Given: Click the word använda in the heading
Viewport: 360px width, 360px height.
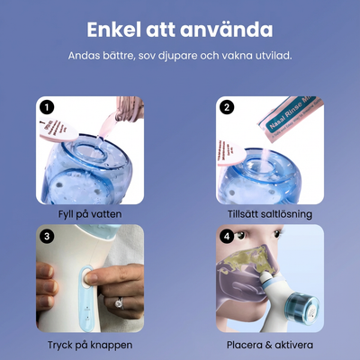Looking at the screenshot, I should (229, 31).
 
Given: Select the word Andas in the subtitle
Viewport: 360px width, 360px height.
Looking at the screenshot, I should (86, 56).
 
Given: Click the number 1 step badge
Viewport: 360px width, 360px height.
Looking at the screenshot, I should (48, 107).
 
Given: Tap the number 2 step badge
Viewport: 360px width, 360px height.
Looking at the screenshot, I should (227, 107).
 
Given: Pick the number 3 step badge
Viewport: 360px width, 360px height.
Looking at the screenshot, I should (48, 237).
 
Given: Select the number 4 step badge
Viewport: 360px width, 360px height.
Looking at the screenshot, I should (227, 237).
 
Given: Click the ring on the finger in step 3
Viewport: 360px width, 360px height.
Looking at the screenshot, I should (117, 303).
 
